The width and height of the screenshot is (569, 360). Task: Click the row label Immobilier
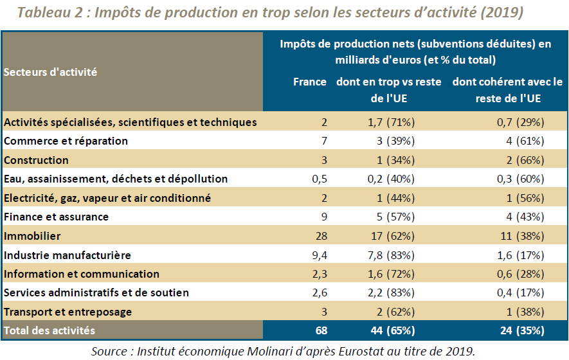[32, 236]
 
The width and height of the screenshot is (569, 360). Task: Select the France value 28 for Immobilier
[321, 236]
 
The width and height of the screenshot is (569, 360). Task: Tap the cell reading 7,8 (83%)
[391, 255]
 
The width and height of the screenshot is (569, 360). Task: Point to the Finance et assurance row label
[56, 217]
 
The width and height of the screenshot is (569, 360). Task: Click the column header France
[309, 82]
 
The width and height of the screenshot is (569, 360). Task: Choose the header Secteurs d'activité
[50, 72]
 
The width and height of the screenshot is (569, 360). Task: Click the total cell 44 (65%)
[393, 330]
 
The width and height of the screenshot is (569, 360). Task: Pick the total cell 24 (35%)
[522, 330]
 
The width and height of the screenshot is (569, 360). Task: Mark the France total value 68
[321, 330]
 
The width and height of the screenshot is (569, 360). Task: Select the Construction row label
[36, 160]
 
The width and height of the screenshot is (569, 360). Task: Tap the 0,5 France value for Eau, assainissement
[320, 179]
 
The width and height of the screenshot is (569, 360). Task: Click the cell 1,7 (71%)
[391, 122]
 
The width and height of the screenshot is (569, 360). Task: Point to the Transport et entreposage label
[68, 312]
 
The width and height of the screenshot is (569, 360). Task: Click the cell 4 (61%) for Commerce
[525, 141]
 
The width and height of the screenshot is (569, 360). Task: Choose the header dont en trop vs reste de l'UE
[388, 90]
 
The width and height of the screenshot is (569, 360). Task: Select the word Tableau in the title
[44, 12]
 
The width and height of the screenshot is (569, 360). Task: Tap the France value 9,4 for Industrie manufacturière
[320, 255]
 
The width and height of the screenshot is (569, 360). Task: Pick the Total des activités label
[50, 330]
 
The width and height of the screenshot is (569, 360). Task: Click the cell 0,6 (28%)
[520, 274]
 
